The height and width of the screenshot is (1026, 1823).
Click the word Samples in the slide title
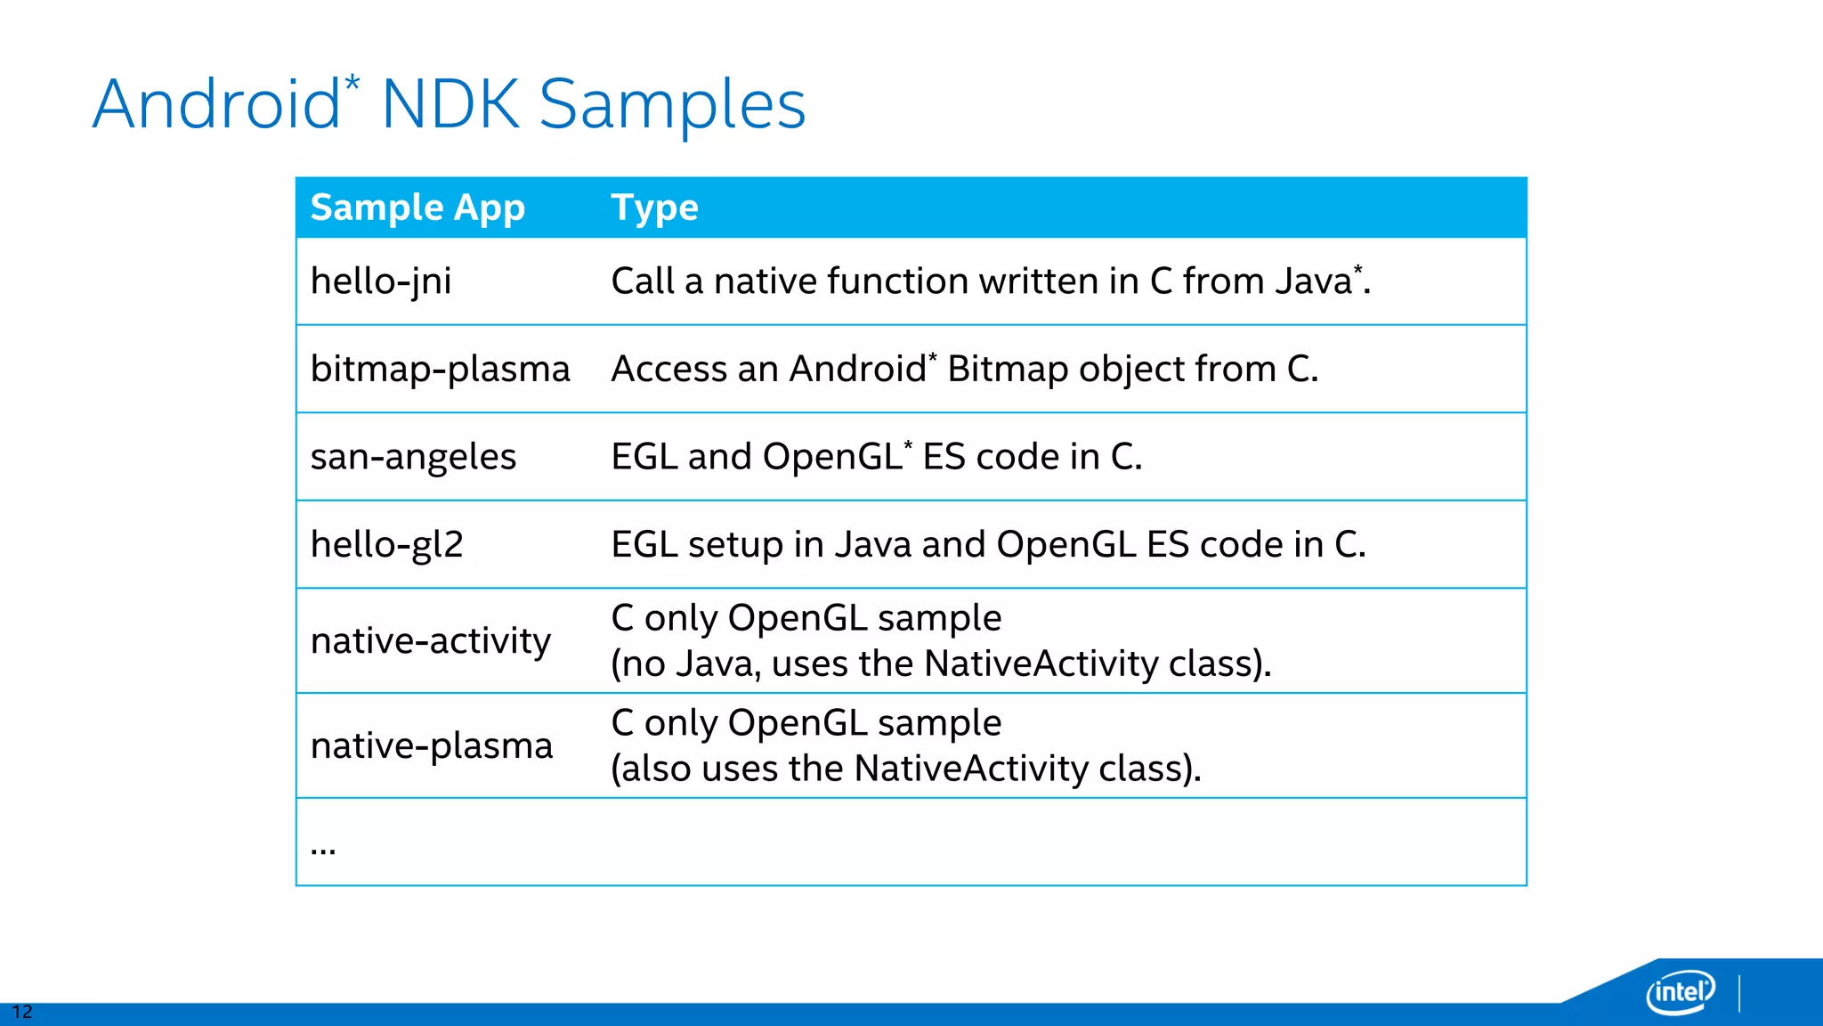coord(672,105)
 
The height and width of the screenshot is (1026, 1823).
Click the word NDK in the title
coord(450,105)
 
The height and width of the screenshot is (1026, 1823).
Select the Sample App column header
coord(417,208)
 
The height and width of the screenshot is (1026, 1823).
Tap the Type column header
coord(654,208)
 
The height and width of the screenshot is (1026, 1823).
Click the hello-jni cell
coord(381,281)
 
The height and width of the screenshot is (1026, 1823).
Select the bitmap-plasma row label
coord(440,369)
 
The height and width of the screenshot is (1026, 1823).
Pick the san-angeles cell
coord(413,457)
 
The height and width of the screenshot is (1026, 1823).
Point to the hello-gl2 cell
coord(387,544)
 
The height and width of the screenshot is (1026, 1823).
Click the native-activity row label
coord(431,640)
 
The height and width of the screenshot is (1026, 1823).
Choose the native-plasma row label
coord(432,745)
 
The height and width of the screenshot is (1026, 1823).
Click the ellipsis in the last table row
coord(323,849)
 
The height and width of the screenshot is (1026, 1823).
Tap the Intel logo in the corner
coord(1680,991)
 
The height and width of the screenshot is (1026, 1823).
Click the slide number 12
coord(21,1012)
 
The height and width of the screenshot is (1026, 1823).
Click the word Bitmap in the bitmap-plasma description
coord(1007,369)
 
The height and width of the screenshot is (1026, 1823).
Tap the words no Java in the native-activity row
coord(690,664)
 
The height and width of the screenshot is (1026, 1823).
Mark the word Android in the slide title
coord(216,105)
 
